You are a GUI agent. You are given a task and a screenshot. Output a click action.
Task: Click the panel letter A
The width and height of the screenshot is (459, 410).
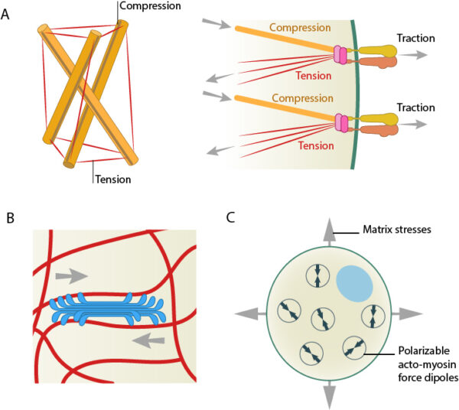[8, 13]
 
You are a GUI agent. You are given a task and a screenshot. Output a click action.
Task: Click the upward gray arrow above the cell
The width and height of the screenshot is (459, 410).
[328, 228]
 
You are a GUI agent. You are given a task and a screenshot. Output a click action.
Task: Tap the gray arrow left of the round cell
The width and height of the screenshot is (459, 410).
[246, 313]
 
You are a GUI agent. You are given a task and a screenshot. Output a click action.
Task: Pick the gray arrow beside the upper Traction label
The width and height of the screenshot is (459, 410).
[420, 56]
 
